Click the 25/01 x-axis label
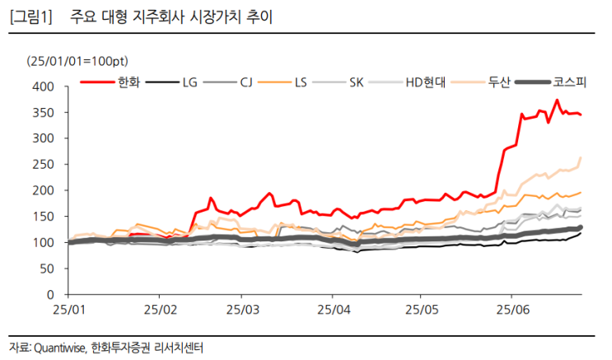pos(68,311)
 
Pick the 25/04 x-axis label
pos(331,311)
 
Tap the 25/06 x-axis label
pos(511,311)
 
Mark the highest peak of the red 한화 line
pos(557,101)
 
